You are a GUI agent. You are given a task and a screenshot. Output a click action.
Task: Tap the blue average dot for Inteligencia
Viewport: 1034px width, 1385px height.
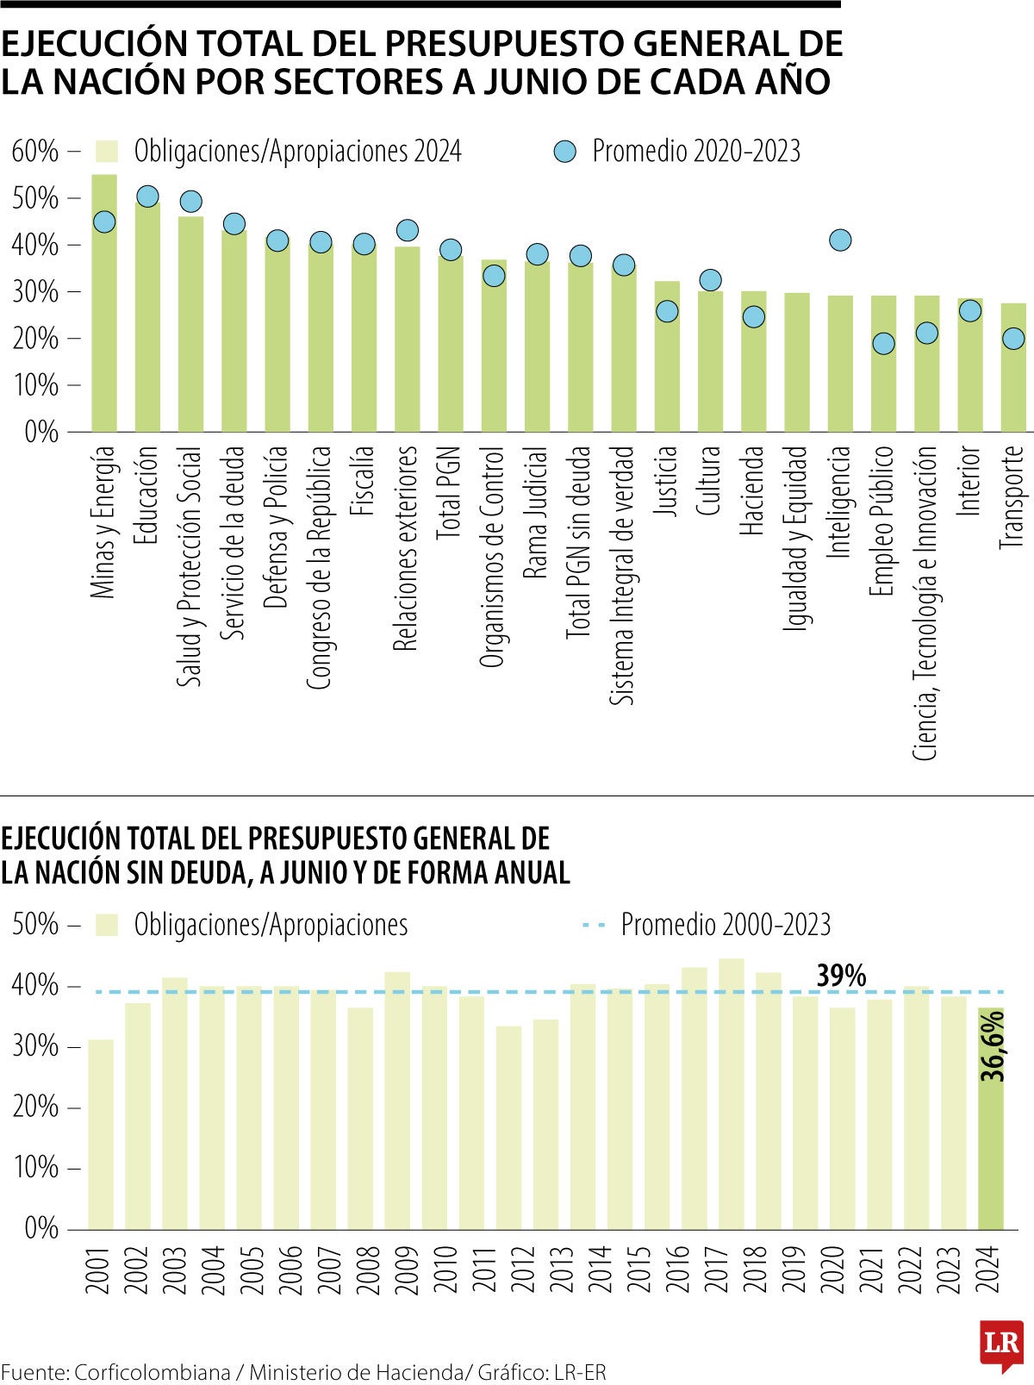[x=840, y=240]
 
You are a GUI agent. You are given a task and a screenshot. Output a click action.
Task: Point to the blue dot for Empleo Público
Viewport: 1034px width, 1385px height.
[x=883, y=343]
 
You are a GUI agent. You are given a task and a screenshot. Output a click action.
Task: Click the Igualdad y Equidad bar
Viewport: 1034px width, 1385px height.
[x=797, y=362]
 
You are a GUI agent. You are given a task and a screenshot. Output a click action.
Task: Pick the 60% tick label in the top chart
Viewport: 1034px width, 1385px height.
[x=35, y=152]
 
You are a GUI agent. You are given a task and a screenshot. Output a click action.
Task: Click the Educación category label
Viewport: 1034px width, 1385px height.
[x=147, y=495]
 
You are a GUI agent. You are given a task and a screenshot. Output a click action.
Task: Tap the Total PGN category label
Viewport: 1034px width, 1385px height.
[x=450, y=492]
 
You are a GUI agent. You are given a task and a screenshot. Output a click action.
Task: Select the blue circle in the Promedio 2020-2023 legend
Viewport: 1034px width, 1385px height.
[x=564, y=152]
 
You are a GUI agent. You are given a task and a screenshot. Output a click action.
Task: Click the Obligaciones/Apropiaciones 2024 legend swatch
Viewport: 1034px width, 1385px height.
[x=107, y=152]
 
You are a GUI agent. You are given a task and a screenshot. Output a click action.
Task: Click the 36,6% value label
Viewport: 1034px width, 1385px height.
[x=993, y=1046]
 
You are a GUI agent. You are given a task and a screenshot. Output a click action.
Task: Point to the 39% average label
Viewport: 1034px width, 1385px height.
[x=840, y=976]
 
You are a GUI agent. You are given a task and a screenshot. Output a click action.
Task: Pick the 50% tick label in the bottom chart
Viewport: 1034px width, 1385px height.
[x=35, y=925]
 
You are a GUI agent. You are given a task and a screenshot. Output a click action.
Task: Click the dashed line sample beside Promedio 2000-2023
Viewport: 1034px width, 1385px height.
[x=595, y=925]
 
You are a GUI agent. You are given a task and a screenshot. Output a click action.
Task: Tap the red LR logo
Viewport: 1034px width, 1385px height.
[x=1001, y=1344]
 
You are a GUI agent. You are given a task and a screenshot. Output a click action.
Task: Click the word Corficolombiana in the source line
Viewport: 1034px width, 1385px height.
[x=152, y=1372]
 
